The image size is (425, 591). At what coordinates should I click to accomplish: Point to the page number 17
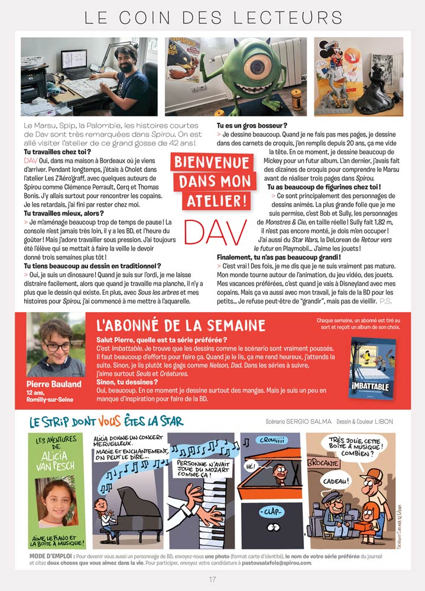click(x=213, y=579)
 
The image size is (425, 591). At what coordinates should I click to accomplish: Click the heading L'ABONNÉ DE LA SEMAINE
click(x=180, y=325)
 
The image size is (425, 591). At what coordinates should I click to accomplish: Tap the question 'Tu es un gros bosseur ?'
click(x=252, y=126)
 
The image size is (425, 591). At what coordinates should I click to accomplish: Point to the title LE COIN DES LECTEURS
click(x=213, y=17)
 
